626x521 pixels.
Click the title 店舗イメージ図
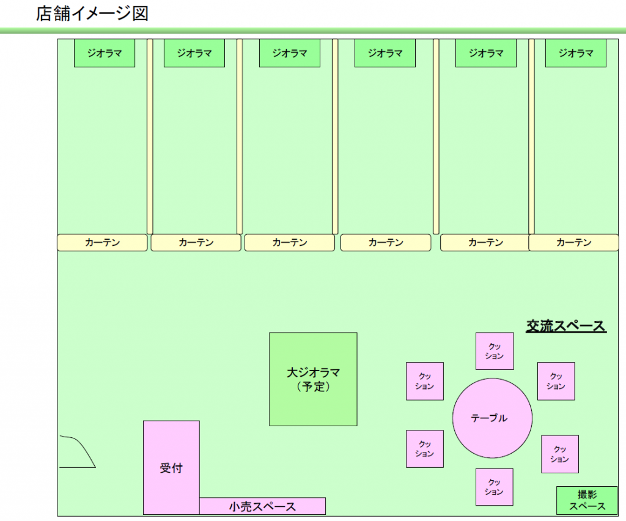click(x=92, y=13)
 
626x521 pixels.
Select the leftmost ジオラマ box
click(x=104, y=53)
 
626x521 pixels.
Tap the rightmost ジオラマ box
click(x=575, y=53)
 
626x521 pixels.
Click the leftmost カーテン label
click(x=102, y=243)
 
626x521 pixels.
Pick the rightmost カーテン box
click(x=573, y=243)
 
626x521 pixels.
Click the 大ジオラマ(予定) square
click(x=313, y=379)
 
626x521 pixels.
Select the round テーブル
click(x=492, y=418)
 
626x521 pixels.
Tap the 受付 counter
click(x=171, y=468)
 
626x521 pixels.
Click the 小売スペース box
click(x=262, y=506)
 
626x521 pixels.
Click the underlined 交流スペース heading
click(x=566, y=327)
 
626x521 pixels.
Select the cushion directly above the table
click(x=495, y=352)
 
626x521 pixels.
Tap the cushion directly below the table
click(x=494, y=487)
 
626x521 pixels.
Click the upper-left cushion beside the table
click(x=425, y=381)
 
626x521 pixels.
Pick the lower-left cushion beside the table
click(x=425, y=449)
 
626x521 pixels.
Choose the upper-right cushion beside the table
click(x=556, y=381)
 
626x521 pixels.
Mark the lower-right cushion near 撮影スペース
click(x=559, y=454)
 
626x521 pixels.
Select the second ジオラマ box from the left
click(x=194, y=53)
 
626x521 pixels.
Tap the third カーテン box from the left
click(x=290, y=243)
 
